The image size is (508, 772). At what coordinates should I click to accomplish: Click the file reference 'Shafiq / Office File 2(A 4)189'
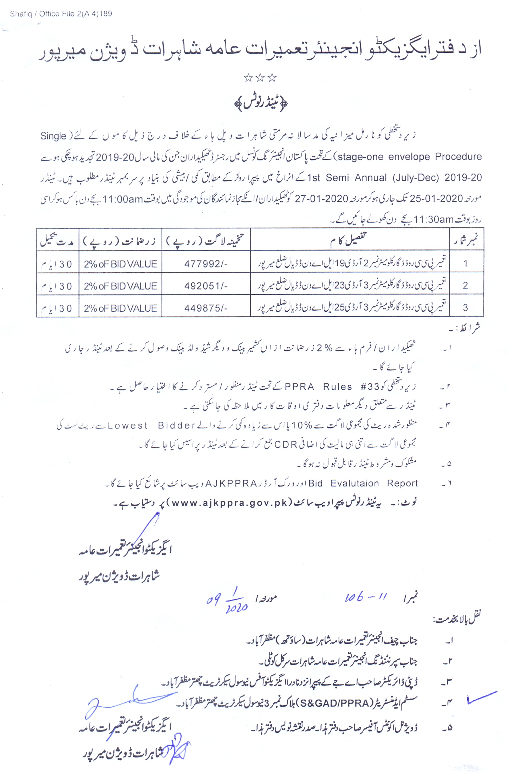tap(61, 14)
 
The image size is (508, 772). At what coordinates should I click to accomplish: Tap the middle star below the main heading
tap(260, 78)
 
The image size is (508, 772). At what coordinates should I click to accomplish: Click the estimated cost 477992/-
tap(206, 264)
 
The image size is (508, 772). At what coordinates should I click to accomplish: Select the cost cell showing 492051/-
tap(206, 286)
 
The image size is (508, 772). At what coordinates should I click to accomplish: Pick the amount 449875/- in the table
tap(206, 308)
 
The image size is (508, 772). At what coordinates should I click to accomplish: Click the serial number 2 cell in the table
tap(465, 285)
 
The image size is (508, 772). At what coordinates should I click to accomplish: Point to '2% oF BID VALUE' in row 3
tap(120, 308)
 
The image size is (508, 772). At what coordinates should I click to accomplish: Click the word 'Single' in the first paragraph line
tap(53, 136)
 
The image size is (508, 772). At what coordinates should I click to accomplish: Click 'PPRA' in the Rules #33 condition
tap(299, 387)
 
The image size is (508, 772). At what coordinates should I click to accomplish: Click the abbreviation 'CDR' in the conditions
tap(286, 445)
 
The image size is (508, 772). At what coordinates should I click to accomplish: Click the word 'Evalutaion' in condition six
tap(354, 483)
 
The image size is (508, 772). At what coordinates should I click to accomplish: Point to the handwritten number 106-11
tap(365, 597)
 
